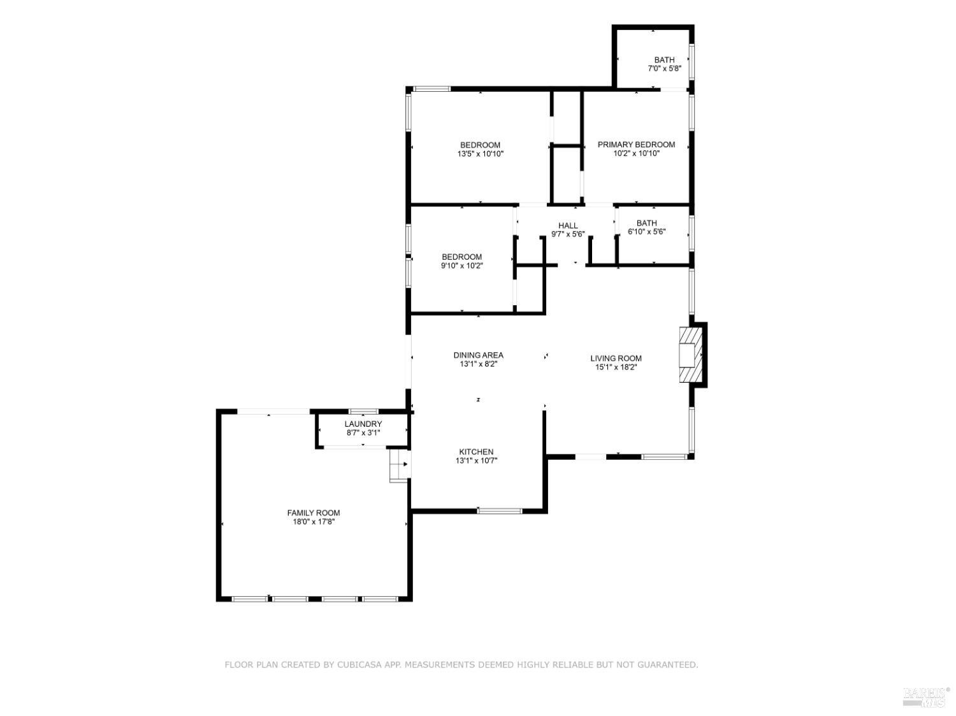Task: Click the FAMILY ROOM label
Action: pyautogui.click(x=313, y=513)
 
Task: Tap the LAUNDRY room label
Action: pyautogui.click(x=363, y=424)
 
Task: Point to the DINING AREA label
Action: pyautogui.click(x=478, y=355)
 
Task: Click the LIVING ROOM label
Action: pyautogui.click(x=616, y=359)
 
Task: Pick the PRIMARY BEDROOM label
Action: pyautogui.click(x=636, y=145)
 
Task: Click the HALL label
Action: pyautogui.click(x=568, y=226)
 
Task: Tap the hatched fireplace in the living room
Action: pyautogui.click(x=690, y=355)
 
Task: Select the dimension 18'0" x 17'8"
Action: pyautogui.click(x=313, y=522)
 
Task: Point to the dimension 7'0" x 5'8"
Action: pyautogui.click(x=664, y=68)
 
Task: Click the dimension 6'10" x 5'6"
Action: pyautogui.click(x=646, y=232)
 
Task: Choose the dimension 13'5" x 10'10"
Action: pyautogui.click(x=480, y=154)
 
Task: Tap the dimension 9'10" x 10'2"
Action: pyautogui.click(x=461, y=266)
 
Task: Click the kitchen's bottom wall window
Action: pyautogui.click(x=500, y=510)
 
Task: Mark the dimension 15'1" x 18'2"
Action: pyautogui.click(x=616, y=367)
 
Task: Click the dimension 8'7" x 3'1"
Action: pyautogui.click(x=363, y=433)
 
